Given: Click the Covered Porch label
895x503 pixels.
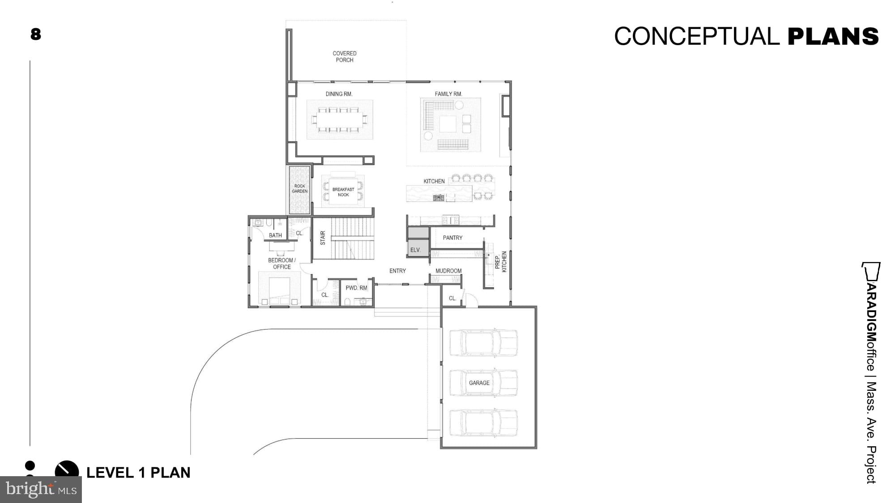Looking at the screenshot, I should point(344,56).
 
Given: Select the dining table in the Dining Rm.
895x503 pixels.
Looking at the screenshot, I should point(340,119).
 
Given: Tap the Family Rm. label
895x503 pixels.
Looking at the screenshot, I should point(448,94).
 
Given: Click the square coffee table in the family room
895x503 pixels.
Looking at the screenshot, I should point(447,124).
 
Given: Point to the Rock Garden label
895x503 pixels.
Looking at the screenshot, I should point(299,189).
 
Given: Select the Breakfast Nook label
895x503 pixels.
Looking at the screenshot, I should point(343,192).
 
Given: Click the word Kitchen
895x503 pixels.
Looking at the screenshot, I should point(434,181).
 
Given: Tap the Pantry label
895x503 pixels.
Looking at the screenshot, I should point(452,238).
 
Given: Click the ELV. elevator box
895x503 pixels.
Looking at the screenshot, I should point(416,249).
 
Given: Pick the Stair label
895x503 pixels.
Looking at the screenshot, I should point(323,238).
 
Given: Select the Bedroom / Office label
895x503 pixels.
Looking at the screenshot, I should point(281,263).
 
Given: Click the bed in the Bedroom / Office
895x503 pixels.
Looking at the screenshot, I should point(280,291).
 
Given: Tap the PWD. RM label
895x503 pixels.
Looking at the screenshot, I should point(356,288).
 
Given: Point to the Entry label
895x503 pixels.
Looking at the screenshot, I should point(397,271).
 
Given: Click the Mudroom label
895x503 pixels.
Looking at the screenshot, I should point(448,271).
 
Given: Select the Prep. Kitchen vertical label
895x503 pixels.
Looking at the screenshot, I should point(501,262).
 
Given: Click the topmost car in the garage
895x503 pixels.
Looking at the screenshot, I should point(483,342).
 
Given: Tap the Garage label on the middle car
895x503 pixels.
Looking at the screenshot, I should point(479,383).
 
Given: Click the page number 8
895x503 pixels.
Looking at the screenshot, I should point(36,34).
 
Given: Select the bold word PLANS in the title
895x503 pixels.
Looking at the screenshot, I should point(833,37).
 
